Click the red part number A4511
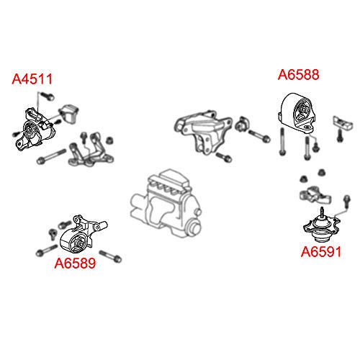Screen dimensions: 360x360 (x=32, y=79)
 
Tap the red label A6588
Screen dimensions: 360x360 (x=299, y=74)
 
